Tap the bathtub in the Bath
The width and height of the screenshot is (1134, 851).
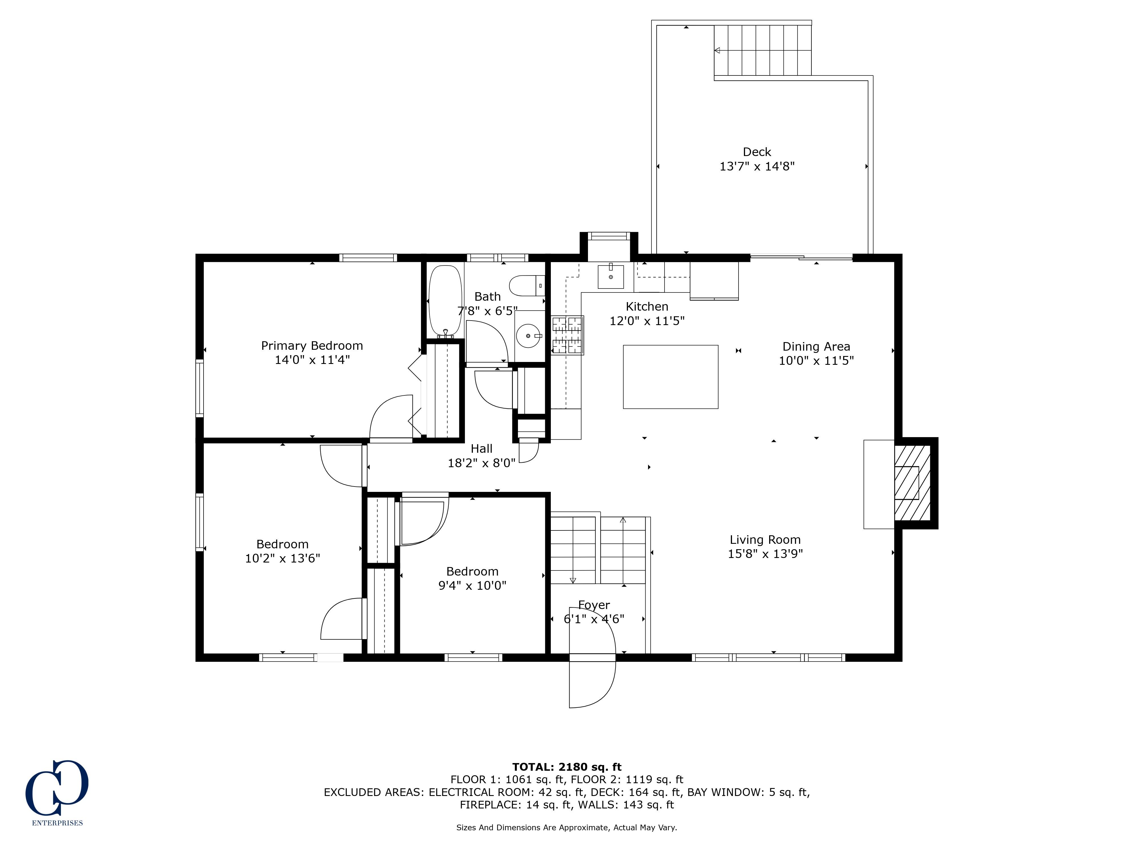click(445, 301)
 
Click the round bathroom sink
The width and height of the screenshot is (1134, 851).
click(528, 336)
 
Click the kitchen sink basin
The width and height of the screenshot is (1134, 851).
click(611, 277)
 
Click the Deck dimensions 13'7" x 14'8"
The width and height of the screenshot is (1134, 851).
click(757, 166)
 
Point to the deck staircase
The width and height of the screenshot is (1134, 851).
click(763, 50)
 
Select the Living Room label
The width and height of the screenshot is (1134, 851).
click(765, 540)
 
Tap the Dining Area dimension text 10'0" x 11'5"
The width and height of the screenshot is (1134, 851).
click(816, 361)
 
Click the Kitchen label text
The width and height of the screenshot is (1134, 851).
click(647, 307)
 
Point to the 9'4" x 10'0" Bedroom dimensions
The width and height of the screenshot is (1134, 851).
click(472, 585)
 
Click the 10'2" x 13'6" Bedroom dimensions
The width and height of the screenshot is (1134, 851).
click(282, 558)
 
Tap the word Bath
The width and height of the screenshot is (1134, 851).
click(488, 296)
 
